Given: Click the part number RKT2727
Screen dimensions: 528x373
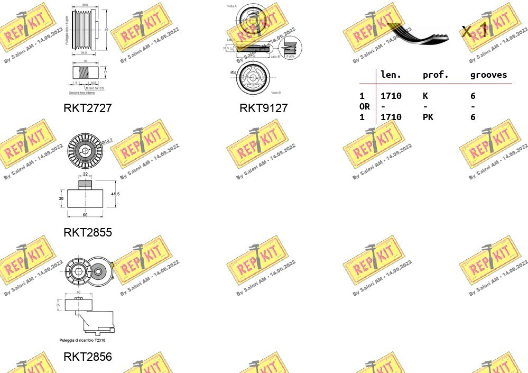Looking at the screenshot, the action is click(x=88, y=108).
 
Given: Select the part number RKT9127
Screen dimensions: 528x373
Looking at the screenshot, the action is click(x=263, y=108).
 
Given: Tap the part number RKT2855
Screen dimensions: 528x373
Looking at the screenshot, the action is click(x=88, y=232).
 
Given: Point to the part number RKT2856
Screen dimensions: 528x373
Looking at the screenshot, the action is click(x=88, y=357).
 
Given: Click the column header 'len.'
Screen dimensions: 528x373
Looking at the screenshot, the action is click(x=391, y=75).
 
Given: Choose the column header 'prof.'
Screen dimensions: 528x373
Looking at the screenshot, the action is click(x=436, y=75).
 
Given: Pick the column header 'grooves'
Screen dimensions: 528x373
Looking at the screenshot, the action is click(x=488, y=75).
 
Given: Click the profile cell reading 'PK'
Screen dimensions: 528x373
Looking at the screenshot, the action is click(x=428, y=117).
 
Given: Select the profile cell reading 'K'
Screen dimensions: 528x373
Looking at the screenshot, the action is click(x=425, y=96).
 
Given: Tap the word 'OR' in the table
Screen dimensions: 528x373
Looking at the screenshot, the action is click(x=364, y=107).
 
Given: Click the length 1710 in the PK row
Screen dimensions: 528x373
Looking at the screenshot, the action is click(x=391, y=117).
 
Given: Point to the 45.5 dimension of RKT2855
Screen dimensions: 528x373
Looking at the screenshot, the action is click(x=115, y=194).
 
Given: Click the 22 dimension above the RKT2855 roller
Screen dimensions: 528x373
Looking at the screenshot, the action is click(x=85, y=175).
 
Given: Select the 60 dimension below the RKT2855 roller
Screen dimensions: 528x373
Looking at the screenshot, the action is click(x=85, y=215).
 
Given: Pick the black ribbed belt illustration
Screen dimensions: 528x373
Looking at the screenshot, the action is click(x=418, y=33).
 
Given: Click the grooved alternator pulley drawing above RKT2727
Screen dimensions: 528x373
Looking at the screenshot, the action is click(x=88, y=30).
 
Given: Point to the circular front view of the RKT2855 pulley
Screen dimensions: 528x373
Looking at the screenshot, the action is click(x=85, y=151).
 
